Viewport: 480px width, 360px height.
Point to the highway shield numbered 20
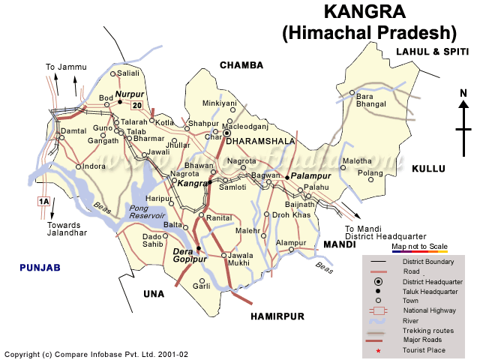point(136,105)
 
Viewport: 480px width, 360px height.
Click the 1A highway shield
point(43,201)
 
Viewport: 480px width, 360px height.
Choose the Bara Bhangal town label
point(374,100)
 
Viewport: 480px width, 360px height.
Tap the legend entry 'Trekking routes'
point(427,330)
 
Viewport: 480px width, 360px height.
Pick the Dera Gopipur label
point(189,255)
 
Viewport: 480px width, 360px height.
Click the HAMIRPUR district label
point(277,316)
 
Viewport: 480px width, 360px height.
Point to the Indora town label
point(94,166)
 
